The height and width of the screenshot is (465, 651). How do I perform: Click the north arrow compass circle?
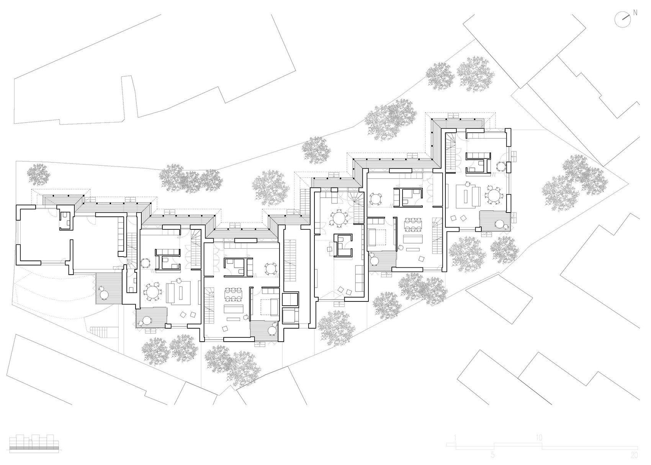point(622,20)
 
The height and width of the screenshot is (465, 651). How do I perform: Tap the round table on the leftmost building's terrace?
point(104,294)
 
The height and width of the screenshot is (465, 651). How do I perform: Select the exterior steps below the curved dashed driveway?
point(100,332)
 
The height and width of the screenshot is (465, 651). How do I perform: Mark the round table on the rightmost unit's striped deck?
point(499,224)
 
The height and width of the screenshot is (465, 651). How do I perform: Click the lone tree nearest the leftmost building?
point(39,175)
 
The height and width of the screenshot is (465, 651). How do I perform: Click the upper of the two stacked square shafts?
point(290,299)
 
